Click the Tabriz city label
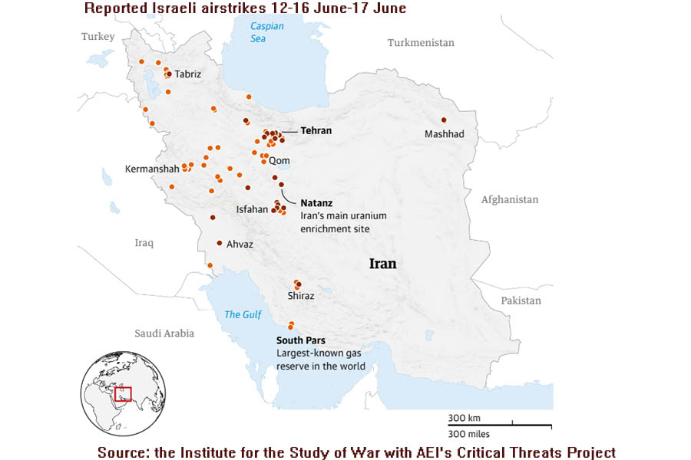pyautogui.click(x=188, y=74)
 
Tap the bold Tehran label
pyautogui.click(x=316, y=130)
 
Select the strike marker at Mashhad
pyautogui.click(x=444, y=120)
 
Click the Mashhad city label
pyautogui.click(x=445, y=134)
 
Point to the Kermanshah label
pyautogui.click(x=152, y=168)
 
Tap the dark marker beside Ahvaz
pyautogui.click(x=220, y=242)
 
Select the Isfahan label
pyautogui.click(x=252, y=209)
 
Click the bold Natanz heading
pyautogui.click(x=316, y=204)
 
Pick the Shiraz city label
pyautogui.click(x=300, y=295)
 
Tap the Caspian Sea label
pyautogui.click(x=267, y=31)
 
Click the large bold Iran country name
pyautogui.click(x=382, y=264)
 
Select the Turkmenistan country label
pyautogui.click(x=421, y=43)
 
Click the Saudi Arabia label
pyautogui.click(x=164, y=333)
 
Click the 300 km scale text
pyautogui.click(x=465, y=418)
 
